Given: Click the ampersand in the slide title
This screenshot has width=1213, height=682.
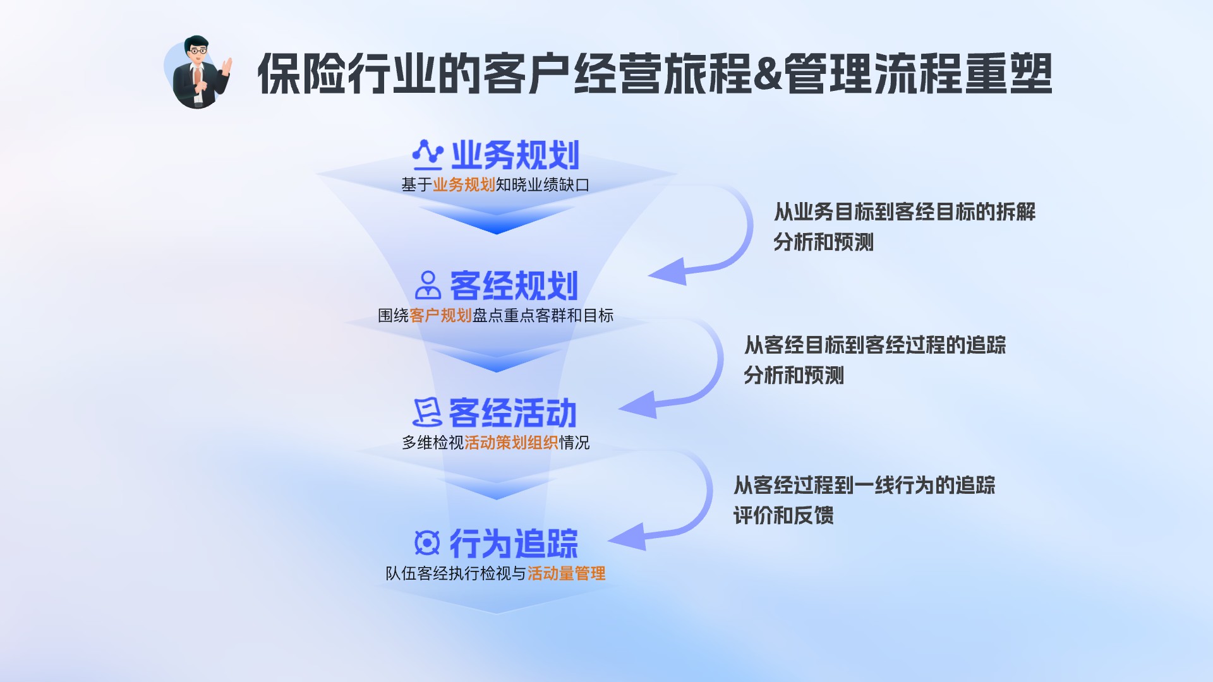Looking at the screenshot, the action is pyautogui.click(x=768, y=73).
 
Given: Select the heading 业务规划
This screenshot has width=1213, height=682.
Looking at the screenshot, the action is pyautogui.click(x=515, y=155).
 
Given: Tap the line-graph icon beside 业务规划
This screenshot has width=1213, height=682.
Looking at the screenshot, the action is pyautogui.click(x=428, y=155).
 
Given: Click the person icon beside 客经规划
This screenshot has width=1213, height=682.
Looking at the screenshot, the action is pyautogui.click(x=428, y=285).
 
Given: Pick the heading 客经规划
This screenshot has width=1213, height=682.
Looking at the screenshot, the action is pyautogui.click(x=514, y=286).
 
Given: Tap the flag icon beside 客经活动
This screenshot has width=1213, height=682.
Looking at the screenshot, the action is pyautogui.click(x=427, y=413).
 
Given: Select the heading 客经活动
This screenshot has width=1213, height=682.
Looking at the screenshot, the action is pyautogui.click(x=512, y=414).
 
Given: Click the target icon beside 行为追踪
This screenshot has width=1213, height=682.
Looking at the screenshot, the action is pyautogui.click(x=427, y=542).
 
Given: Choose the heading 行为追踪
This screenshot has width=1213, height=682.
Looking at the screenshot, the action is pyautogui.click(x=514, y=544).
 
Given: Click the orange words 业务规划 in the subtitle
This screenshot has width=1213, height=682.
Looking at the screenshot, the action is pyautogui.click(x=464, y=185).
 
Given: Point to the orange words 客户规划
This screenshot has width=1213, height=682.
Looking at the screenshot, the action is pyautogui.click(x=440, y=316).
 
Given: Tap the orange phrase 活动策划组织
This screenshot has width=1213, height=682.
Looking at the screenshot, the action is pyautogui.click(x=511, y=443).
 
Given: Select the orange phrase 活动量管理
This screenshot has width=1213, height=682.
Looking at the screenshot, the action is pyautogui.click(x=566, y=573).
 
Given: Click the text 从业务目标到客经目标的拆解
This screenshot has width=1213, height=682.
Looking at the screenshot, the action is pyautogui.click(x=905, y=212).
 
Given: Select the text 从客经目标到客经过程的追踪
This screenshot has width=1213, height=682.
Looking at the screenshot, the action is pyautogui.click(x=875, y=345).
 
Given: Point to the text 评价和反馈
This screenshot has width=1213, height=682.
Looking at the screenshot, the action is pyautogui.click(x=783, y=515).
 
